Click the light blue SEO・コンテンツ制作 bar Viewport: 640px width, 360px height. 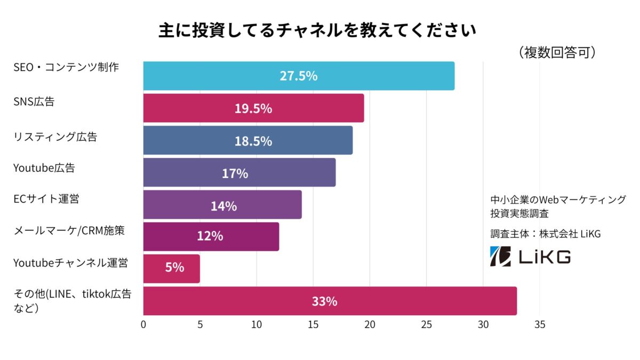[x=299, y=76]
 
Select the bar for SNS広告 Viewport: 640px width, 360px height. [x=253, y=108]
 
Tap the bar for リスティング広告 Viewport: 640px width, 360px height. [x=247, y=140]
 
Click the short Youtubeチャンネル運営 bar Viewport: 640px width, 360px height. [x=171, y=268]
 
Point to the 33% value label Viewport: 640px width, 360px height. [x=324, y=301]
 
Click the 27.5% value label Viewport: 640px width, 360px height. [x=299, y=76]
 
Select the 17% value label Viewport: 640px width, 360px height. [x=235, y=173]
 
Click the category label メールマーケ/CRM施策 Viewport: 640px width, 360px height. [x=69, y=230]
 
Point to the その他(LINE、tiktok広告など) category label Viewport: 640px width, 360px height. [x=72, y=300]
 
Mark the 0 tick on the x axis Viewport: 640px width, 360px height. [x=143, y=324]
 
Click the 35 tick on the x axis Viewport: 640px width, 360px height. [x=539, y=324]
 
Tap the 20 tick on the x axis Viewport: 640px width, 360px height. [x=370, y=324]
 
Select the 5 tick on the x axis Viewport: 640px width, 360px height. [x=200, y=324]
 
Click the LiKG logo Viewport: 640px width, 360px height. [x=530, y=257]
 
